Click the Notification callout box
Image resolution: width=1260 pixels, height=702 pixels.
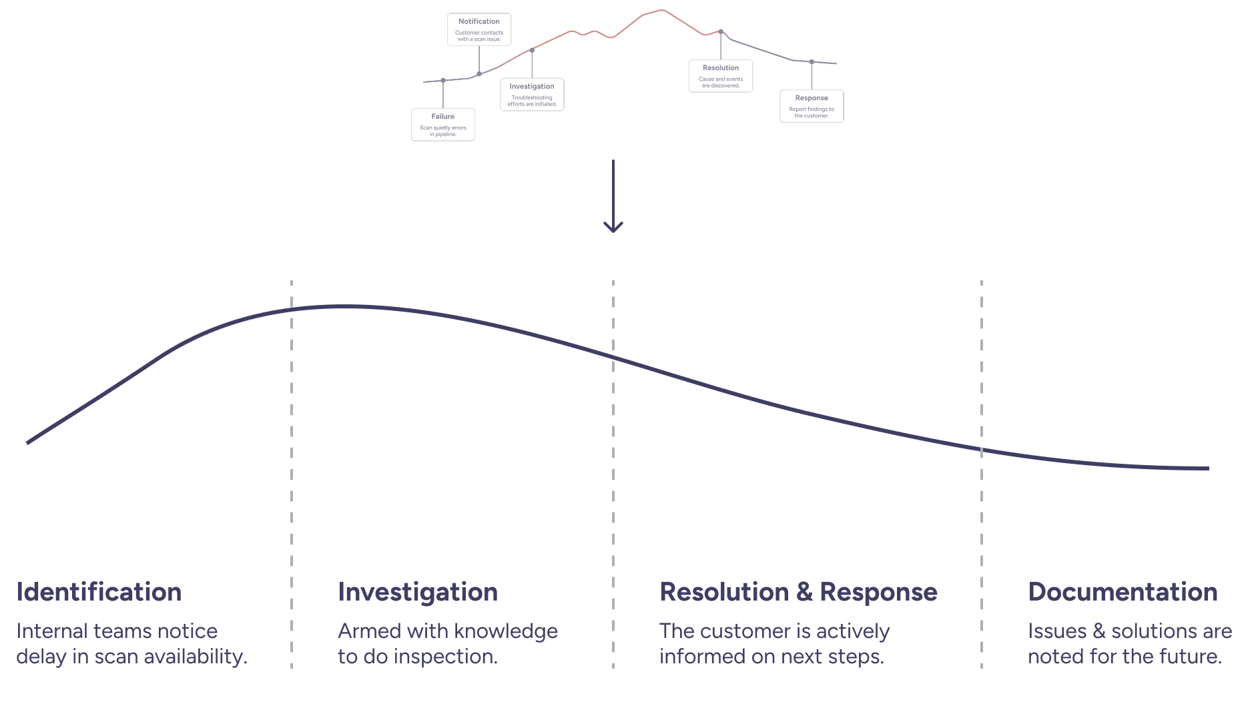tap(479, 29)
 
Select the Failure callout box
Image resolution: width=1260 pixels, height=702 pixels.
tap(442, 125)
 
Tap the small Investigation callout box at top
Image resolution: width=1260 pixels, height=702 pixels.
tap(532, 95)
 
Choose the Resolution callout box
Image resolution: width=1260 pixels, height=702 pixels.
tap(720, 76)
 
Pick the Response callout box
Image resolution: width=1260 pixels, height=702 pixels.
tap(811, 106)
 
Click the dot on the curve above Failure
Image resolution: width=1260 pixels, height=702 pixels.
tap(442, 81)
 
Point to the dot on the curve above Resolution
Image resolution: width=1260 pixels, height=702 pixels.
tap(721, 31)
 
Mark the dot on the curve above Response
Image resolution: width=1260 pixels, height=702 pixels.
tap(812, 62)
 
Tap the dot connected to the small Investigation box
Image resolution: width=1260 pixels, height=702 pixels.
tap(532, 50)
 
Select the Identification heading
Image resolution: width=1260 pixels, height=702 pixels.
tap(99, 592)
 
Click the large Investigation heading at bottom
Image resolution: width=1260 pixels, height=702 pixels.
tap(418, 592)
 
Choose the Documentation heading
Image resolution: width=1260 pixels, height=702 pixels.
tap(1123, 592)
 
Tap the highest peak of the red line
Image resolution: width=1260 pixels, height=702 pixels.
tap(662, 10)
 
